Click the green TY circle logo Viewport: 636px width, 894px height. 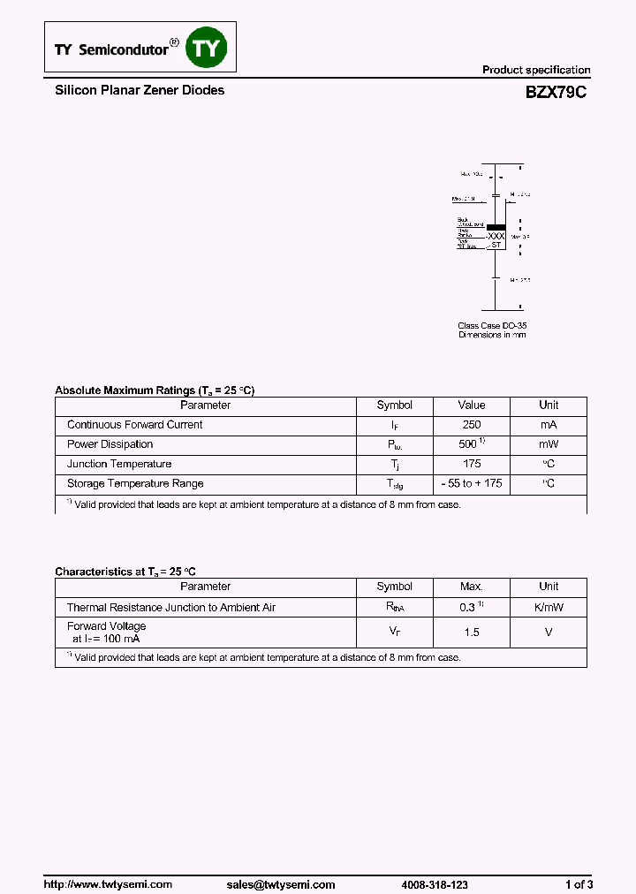(206, 49)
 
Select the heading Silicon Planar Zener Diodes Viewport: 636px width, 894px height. (140, 90)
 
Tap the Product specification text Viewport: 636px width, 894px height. (535, 70)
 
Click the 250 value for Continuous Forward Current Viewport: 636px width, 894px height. (472, 425)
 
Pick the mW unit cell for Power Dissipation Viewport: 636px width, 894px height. (549, 444)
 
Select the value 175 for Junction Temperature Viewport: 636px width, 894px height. (472, 464)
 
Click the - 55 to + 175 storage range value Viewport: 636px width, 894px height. (472, 484)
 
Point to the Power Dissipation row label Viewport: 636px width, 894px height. (110, 444)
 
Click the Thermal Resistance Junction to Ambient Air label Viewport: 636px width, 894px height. (171, 608)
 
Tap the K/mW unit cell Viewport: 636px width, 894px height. (549, 608)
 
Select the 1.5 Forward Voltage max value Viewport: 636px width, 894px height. (472, 633)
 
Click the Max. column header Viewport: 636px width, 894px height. (472, 587)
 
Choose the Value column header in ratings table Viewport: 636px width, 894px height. (472, 405)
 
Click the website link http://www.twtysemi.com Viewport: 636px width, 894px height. (108, 884)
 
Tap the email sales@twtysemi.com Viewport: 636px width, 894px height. (280, 884)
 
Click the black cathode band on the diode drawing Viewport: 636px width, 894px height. (496, 226)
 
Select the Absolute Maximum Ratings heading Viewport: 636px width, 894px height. (155, 390)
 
